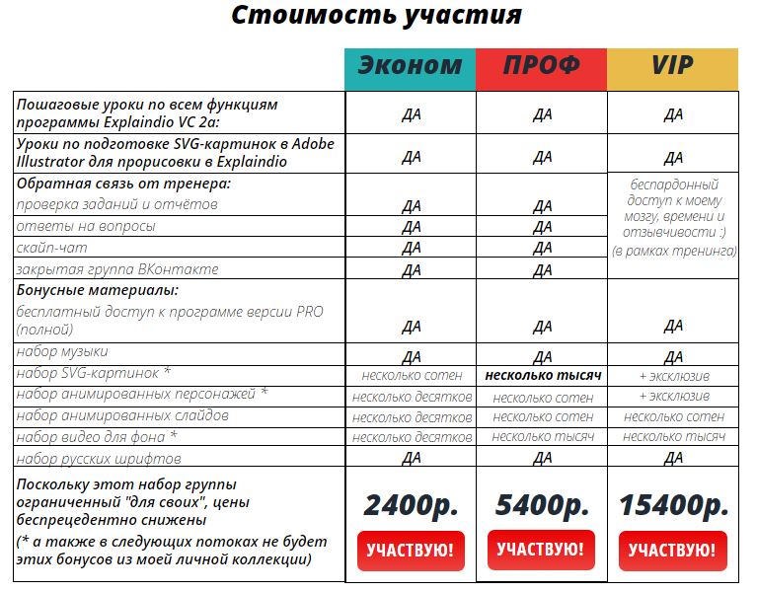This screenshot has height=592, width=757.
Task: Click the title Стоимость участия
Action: pyautogui.click(x=377, y=17)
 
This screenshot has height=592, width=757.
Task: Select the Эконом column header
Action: pyautogui.click(x=410, y=66)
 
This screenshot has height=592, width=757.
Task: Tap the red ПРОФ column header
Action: pyautogui.click(x=542, y=66)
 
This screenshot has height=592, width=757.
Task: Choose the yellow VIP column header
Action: pyautogui.click(x=672, y=66)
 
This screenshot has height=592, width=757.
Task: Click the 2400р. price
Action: pyautogui.click(x=411, y=504)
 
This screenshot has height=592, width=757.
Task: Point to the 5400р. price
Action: pyautogui.click(x=542, y=504)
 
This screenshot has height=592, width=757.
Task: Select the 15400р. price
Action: pyautogui.click(x=674, y=504)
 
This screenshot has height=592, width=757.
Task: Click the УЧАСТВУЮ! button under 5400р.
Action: pyautogui.click(x=542, y=550)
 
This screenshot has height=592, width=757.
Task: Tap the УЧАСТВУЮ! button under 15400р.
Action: pyautogui.click(x=674, y=551)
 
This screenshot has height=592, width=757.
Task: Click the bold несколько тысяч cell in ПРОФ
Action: pyautogui.click(x=542, y=376)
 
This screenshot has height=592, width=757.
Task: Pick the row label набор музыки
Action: pyautogui.click(x=63, y=352)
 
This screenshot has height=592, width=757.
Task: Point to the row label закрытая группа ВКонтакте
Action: pyautogui.click(x=117, y=269)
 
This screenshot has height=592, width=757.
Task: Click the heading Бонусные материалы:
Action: pyautogui.click(x=97, y=291)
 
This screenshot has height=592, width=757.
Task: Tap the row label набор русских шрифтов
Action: pyautogui.click(x=99, y=459)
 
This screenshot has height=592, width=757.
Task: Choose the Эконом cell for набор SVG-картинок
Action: pyautogui.click(x=411, y=376)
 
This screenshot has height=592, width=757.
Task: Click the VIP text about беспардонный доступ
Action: pyautogui.click(x=673, y=217)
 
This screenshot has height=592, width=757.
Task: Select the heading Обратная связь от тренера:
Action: pyautogui.click(x=123, y=184)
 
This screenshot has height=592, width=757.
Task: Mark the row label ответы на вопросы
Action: pyautogui.click(x=86, y=226)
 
